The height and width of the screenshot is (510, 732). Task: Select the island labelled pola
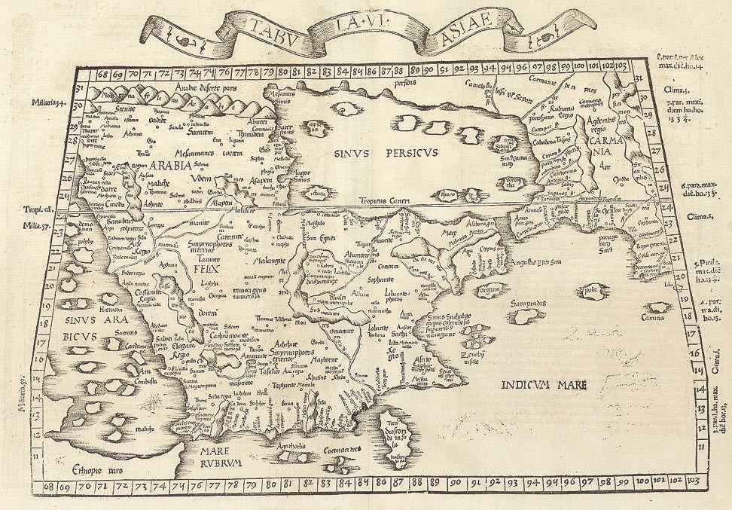[590, 288]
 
